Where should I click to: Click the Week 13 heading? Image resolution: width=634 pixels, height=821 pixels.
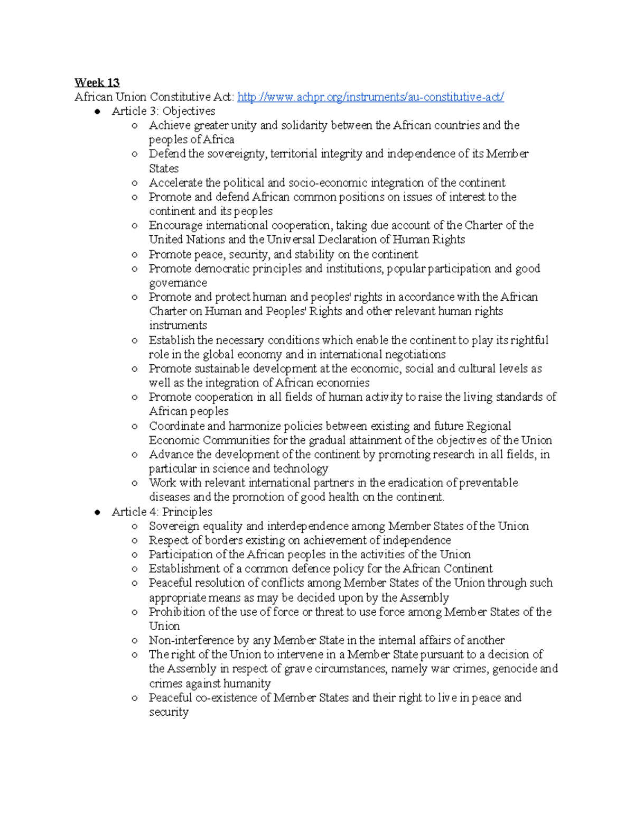coord(97,82)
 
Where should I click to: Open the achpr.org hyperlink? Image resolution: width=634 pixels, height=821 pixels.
coord(370,97)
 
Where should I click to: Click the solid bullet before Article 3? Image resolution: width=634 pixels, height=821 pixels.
coord(97,112)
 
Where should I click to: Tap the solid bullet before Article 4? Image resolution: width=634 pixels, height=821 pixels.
coord(97,512)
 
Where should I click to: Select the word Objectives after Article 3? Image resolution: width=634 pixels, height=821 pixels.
coord(189,111)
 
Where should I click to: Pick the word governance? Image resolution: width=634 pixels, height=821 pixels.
coord(178,283)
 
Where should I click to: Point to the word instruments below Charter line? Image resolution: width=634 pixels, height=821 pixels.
coord(178,326)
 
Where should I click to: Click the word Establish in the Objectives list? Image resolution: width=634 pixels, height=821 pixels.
coord(171,340)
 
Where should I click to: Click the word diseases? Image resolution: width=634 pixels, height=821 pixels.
coord(169,497)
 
